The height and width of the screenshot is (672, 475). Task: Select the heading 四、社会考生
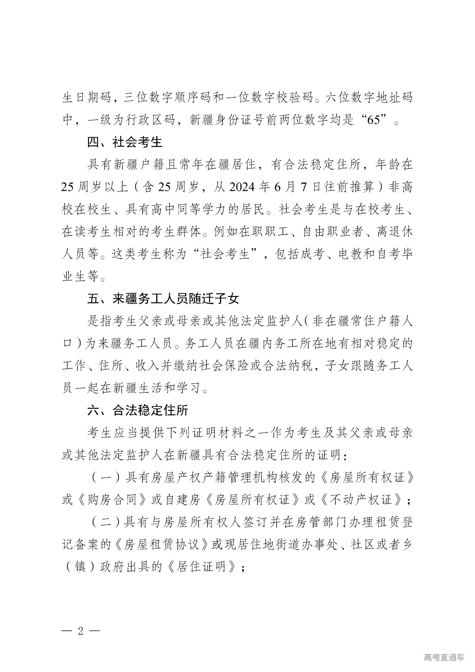coord(125,142)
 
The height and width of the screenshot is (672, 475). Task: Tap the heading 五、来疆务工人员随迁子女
coord(163,298)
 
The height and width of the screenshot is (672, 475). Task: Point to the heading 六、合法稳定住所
coord(138,410)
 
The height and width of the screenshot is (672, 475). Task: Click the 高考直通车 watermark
coord(443,658)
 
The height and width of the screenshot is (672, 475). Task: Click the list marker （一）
coord(106,477)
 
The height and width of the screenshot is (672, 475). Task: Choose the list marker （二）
coord(106,522)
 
